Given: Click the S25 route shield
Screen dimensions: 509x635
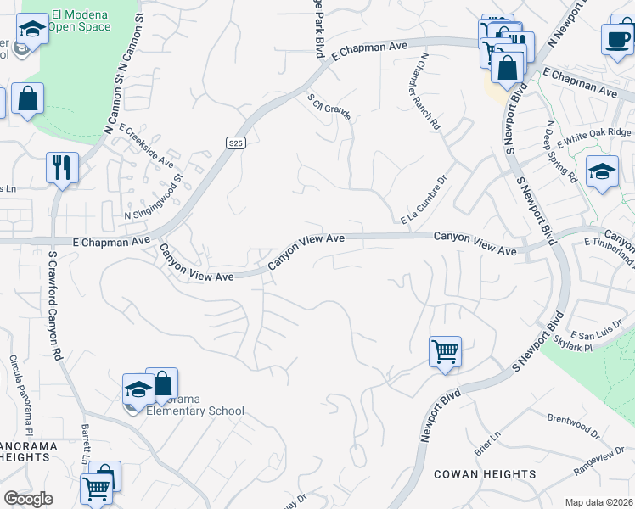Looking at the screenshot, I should (x=236, y=143).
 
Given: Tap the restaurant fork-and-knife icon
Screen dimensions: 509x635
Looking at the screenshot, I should (x=62, y=167).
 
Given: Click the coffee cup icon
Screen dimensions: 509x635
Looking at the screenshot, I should (x=616, y=38).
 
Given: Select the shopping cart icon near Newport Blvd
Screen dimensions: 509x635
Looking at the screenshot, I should (x=445, y=351).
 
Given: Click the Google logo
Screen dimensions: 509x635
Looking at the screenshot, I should (x=28, y=499).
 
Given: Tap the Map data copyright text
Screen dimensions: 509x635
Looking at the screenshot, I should (x=599, y=502).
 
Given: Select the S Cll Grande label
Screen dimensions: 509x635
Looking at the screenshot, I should (x=329, y=109).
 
